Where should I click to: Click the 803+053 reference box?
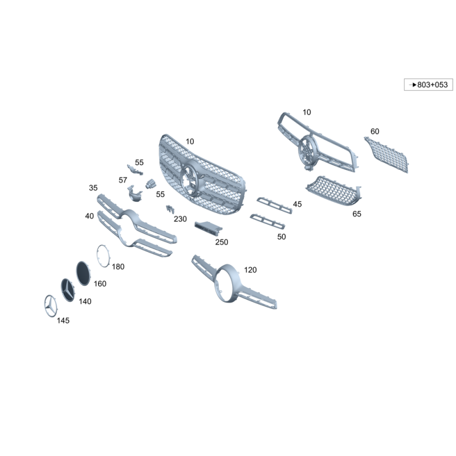click(x=429, y=84)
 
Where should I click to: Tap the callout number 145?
click(x=63, y=320)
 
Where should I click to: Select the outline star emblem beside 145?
click(x=51, y=306)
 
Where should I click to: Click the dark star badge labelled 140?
click(x=68, y=290)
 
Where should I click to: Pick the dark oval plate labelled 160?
click(x=83, y=274)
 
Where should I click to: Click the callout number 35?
click(x=93, y=188)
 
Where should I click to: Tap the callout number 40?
click(x=89, y=216)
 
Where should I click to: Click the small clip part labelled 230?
click(x=170, y=209)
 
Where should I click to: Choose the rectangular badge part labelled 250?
click(x=208, y=227)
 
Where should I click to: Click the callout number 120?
click(x=250, y=270)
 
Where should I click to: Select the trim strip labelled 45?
click(x=274, y=205)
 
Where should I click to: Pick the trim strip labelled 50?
click(x=267, y=222)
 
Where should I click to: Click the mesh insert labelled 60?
click(x=386, y=155)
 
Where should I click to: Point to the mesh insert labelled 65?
click(x=333, y=191)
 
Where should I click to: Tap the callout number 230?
click(x=180, y=219)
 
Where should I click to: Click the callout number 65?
click(x=357, y=214)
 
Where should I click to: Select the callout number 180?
click(x=118, y=267)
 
